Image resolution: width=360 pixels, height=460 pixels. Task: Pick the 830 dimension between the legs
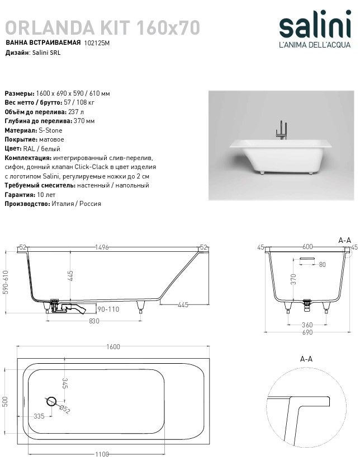pyautogui.click(x=94, y=321)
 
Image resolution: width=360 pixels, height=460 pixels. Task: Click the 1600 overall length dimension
pyautogui.click(x=113, y=347)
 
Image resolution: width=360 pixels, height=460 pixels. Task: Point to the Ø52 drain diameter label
pyautogui.click(x=65, y=409)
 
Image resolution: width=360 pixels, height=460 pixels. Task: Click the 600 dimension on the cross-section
pyautogui.click(x=307, y=247)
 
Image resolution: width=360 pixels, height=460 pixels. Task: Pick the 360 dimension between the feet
pyautogui.click(x=307, y=324)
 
